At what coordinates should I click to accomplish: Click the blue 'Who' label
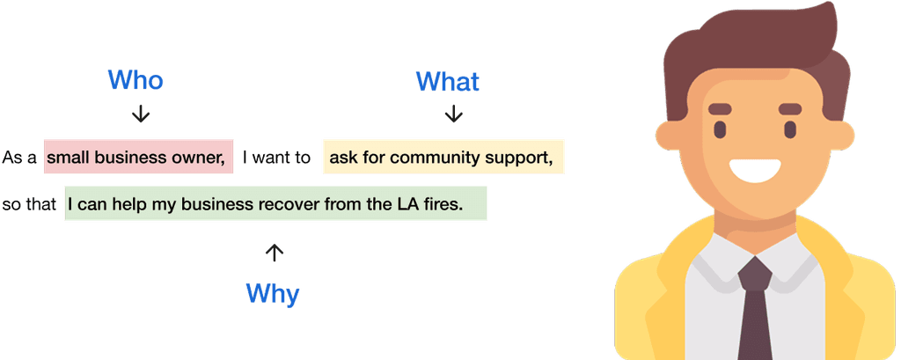pyautogui.click(x=136, y=80)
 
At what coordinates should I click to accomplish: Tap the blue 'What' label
pyautogui.click(x=448, y=83)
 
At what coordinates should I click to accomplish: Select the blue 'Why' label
pyautogui.click(x=273, y=292)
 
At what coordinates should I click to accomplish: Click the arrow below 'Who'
pyautogui.click(x=140, y=114)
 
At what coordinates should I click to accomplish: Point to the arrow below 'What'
pyautogui.click(x=453, y=114)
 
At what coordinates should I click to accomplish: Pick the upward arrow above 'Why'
pyautogui.click(x=275, y=253)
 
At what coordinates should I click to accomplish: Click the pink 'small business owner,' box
pyautogui.click(x=138, y=158)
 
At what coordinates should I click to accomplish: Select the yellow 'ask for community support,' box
pyautogui.click(x=443, y=158)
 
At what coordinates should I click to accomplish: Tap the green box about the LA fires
pyautogui.click(x=275, y=204)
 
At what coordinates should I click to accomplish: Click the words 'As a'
pyautogui.click(x=19, y=158)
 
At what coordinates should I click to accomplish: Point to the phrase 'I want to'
pyautogui.click(x=276, y=158)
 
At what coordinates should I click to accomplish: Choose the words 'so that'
pyautogui.click(x=29, y=205)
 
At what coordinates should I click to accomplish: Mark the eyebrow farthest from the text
pyautogui.click(x=788, y=109)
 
